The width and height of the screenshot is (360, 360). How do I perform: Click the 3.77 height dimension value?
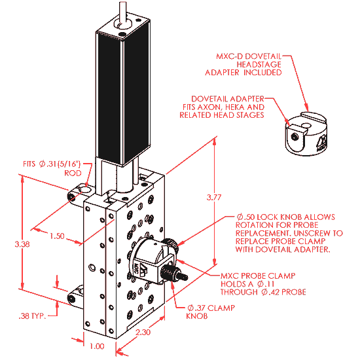tap(214, 198)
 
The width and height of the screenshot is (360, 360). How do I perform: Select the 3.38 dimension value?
tap(22, 244)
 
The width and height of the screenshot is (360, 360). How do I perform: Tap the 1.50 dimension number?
tap(57, 236)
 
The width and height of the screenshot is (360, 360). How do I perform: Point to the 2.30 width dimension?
tap(143, 332)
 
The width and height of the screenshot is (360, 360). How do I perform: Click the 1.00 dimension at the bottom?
tap(97, 346)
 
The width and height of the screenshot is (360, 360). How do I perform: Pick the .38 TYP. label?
tap(32, 316)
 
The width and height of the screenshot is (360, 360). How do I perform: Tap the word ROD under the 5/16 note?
tap(73, 173)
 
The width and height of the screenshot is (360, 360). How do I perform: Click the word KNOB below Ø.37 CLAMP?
tap(197, 316)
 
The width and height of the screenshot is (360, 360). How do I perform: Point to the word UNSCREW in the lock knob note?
tap(315, 233)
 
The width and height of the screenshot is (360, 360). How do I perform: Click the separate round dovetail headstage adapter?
tap(306, 134)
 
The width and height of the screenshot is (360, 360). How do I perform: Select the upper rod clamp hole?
tap(86, 190)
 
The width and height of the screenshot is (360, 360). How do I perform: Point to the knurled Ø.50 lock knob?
tap(170, 244)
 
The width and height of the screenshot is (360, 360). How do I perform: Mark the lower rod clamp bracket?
tap(75, 297)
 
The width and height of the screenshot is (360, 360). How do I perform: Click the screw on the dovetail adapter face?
tap(295, 137)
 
